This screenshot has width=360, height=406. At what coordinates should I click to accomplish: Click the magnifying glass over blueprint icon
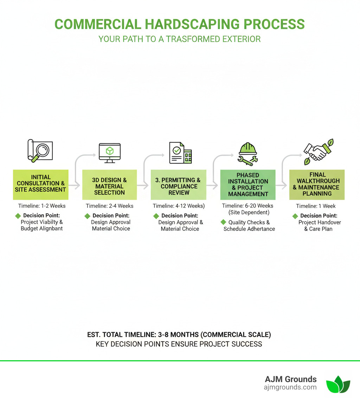(x=40, y=151)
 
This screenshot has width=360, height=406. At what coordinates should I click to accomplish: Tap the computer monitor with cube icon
(x=110, y=153)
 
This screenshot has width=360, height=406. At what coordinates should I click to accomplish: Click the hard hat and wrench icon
(x=248, y=153)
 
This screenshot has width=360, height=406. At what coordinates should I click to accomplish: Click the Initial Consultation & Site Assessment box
(x=40, y=183)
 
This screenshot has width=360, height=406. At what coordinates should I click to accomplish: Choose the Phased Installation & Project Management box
(x=248, y=184)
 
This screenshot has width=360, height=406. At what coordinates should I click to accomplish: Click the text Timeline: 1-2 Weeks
(x=42, y=206)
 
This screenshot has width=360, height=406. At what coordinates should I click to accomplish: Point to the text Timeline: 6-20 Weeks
(x=247, y=205)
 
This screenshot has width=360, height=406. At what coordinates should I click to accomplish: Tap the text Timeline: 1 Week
(x=316, y=206)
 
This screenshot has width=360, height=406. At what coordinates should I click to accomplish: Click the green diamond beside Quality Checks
(x=223, y=222)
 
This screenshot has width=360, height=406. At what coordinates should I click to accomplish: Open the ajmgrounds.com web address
(x=290, y=387)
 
